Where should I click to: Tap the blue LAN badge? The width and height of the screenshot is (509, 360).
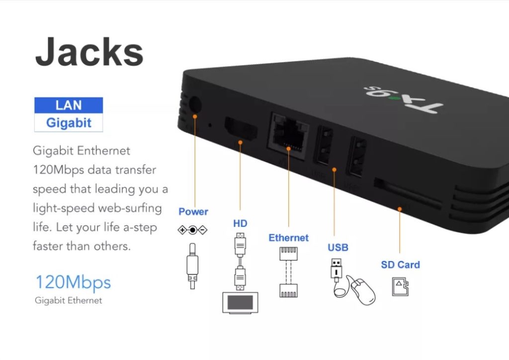pos(69,105)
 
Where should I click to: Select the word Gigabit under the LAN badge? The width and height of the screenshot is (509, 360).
pos(69,123)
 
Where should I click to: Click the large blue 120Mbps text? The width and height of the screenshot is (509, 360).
pos(73,282)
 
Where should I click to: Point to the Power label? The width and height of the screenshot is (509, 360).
pos(193,212)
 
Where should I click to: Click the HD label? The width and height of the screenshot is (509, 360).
pos(240,223)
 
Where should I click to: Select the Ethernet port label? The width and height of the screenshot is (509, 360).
pos(288,238)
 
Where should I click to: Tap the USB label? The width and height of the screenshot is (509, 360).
pos(338,248)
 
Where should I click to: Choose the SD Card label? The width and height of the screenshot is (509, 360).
pos(400,265)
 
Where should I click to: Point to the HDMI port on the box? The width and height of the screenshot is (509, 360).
pos(241,129)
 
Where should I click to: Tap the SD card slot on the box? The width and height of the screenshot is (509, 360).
pos(408,194)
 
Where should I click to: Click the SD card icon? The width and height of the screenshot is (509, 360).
pos(400,286)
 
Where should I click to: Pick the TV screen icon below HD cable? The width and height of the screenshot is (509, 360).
pos(240,303)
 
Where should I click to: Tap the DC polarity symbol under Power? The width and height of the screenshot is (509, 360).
pos(192,230)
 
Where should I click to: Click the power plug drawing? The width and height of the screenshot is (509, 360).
pos(192,266)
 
